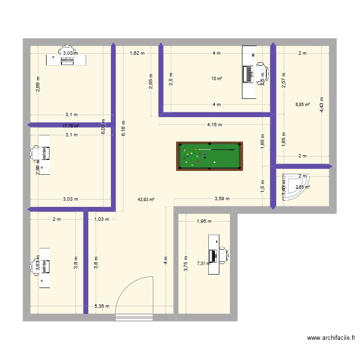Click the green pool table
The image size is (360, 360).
[209, 156]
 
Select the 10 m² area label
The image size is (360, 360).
[217, 79]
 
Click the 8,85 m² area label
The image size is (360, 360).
[303, 104]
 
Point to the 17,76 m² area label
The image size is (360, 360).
[71, 126]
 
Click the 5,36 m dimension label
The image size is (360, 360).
[102, 306]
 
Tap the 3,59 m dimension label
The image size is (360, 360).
[222, 198]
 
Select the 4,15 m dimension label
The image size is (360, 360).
[215, 125]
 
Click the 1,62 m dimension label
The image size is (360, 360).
[137, 53]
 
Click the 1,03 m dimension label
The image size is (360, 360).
[102, 219]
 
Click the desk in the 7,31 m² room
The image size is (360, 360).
[213, 254]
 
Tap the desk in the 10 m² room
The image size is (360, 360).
[249, 72]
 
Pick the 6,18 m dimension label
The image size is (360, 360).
[123, 128]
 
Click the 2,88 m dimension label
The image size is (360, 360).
[37, 84]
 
